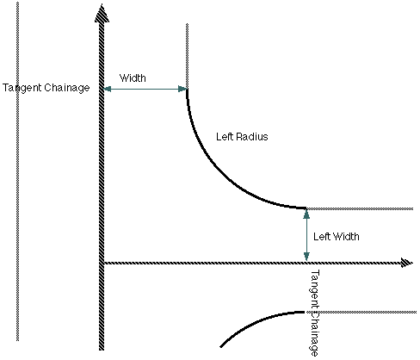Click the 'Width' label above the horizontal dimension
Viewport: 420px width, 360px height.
pyautogui.click(x=133, y=78)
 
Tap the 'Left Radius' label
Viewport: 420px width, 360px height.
pyautogui.click(x=242, y=137)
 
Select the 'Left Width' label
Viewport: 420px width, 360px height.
pyautogui.click(x=337, y=237)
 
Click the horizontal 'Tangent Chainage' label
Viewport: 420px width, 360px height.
pyautogui.click(x=46, y=88)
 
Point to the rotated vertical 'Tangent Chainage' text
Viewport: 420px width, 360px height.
pyautogui.click(x=314, y=313)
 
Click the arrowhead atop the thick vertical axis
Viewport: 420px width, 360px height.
pyautogui.click(x=102, y=14)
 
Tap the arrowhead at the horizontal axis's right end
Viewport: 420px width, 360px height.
pyautogui.click(x=407, y=263)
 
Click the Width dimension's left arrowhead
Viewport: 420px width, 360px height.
pyautogui.click(x=107, y=89)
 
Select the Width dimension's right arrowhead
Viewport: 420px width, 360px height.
pyautogui.click(x=182, y=89)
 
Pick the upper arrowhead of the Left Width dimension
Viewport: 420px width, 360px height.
pyautogui.click(x=306, y=214)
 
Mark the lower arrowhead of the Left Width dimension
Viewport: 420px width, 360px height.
pyautogui.click(x=306, y=256)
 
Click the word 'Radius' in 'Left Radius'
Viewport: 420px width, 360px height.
pyautogui.click(x=251, y=137)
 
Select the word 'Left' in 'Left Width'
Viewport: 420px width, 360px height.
pyautogui.click(x=320, y=237)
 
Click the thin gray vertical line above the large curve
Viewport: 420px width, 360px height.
pyautogui.click(x=187, y=56)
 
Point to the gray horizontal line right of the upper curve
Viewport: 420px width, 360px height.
pyautogui.click(x=360, y=208)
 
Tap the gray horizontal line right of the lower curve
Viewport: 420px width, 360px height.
pyautogui.click(x=361, y=312)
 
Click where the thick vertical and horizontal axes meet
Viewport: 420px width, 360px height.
pyautogui.click(x=102, y=263)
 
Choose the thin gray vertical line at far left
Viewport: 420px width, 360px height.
pyautogui.click(x=17, y=171)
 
